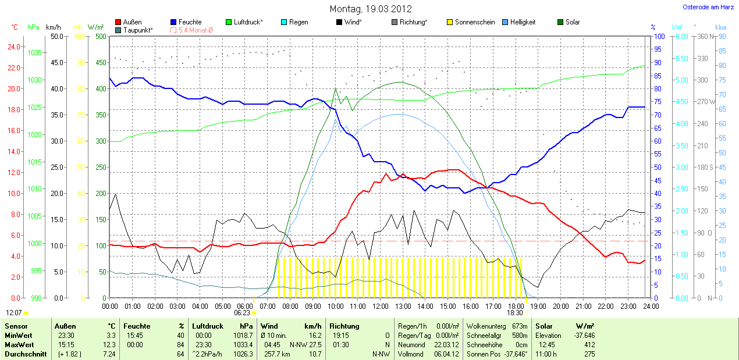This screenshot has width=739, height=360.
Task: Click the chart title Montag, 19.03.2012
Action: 371,9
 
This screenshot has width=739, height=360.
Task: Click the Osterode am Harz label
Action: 708,7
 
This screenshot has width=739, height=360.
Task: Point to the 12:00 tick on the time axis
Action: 380,306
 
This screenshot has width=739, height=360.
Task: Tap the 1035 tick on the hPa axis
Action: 34,53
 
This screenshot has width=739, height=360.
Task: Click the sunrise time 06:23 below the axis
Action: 242,312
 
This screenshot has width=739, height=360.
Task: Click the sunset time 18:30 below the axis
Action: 514,312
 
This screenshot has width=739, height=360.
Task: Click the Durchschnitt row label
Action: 26,354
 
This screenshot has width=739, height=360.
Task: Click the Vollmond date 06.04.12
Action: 446,354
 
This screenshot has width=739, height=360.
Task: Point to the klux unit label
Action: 721,27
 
